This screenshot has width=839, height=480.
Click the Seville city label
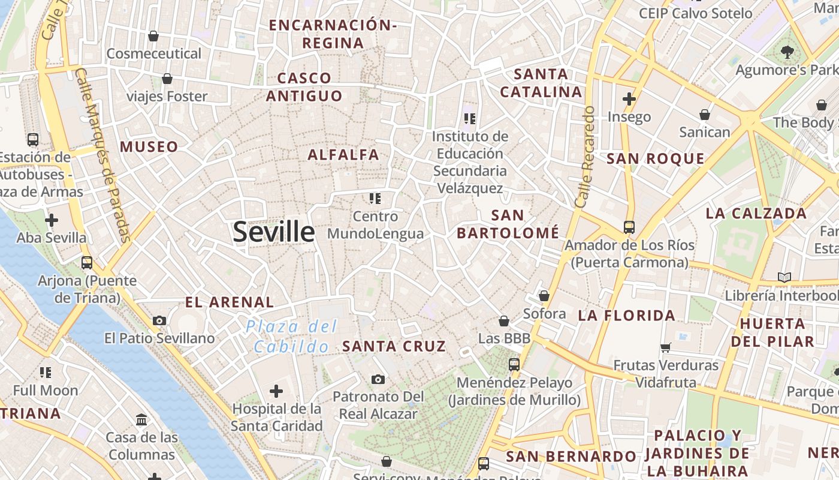273,232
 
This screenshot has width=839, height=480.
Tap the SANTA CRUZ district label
394,346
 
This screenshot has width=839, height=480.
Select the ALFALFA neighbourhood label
343,155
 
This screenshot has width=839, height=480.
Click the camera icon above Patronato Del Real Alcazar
378,379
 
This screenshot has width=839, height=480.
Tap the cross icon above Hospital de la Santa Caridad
276,392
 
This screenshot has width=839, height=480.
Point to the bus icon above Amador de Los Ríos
629,227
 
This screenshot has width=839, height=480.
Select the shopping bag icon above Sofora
544,296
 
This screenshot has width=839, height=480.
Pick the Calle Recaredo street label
584,157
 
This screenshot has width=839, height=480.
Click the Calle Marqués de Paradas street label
103,155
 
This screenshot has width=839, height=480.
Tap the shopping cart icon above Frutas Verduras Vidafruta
665,347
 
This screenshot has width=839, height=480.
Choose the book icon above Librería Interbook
784,277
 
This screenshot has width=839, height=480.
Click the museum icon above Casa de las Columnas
141,419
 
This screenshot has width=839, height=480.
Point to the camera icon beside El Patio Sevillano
159,321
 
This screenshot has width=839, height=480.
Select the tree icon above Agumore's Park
787,52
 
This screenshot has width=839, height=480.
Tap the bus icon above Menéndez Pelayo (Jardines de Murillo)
514,364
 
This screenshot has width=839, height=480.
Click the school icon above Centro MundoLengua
375,199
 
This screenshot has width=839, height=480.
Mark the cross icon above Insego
629,98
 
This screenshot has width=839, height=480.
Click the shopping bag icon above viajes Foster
167,79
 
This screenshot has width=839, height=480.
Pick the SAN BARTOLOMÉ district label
508,224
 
